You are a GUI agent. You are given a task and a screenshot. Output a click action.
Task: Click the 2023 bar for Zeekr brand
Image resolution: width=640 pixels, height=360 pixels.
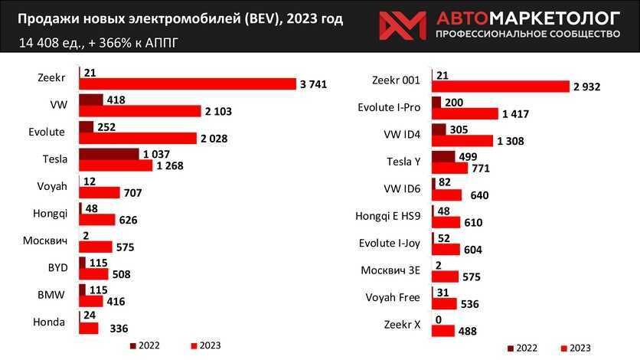[x=187, y=84]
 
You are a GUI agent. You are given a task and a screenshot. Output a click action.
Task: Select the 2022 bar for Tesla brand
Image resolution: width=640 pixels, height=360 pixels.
[x=109, y=154]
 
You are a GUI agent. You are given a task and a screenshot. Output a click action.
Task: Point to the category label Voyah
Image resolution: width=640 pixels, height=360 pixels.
[x=53, y=186]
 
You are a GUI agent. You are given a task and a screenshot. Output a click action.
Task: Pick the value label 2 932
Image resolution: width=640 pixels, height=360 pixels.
[x=586, y=87]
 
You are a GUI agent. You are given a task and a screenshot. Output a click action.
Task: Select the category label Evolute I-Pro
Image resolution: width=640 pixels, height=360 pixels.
[x=390, y=108]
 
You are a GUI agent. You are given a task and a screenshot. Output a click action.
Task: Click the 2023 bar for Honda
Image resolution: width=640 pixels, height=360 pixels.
[x=89, y=329]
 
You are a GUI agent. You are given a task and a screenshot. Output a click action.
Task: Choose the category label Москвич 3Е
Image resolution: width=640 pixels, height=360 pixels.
[x=391, y=270]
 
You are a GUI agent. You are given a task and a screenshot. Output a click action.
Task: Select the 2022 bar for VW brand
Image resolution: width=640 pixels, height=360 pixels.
[x=90, y=100]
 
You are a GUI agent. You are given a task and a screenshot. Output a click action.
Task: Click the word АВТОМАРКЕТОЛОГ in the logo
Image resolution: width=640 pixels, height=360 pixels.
[x=527, y=18]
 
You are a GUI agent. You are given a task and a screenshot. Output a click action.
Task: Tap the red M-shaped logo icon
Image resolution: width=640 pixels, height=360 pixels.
[x=402, y=25]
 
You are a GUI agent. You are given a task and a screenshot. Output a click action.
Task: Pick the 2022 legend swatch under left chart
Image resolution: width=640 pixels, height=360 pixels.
[x=133, y=345]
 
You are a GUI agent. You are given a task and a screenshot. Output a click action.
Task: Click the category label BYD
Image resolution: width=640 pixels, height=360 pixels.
[x=57, y=268]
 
